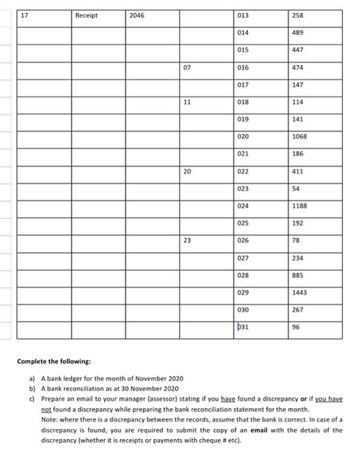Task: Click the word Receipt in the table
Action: point(87,15)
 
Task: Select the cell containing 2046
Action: point(136,15)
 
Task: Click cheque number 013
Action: point(244,15)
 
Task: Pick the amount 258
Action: point(297,15)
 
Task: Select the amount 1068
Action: point(299,136)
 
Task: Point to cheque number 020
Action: point(244,136)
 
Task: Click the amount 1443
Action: point(299,292)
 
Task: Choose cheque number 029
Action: point(244,292)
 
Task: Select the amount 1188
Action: point(299,205)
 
